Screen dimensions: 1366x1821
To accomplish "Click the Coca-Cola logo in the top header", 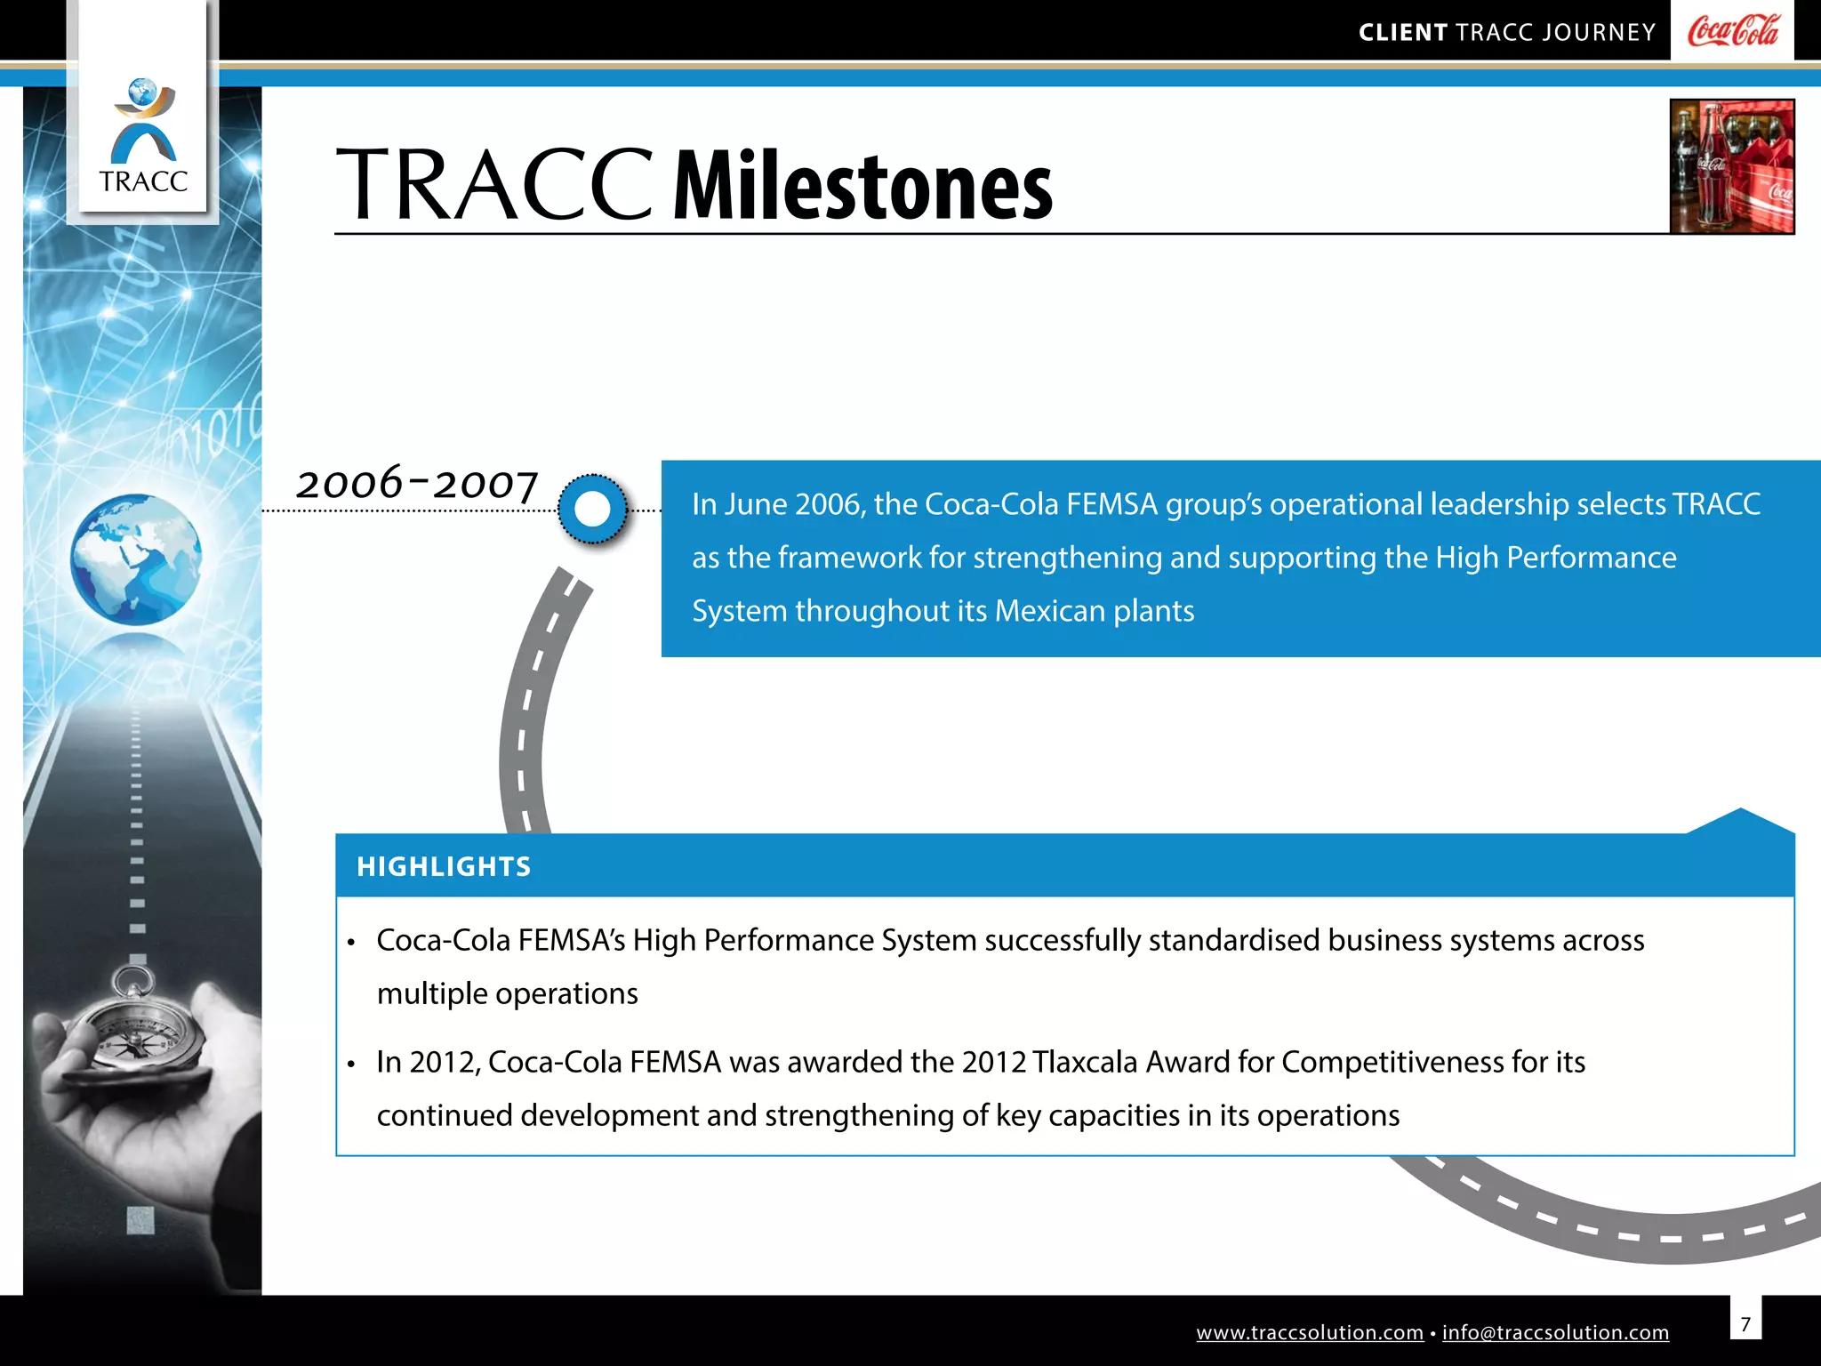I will (x=1732, y=31).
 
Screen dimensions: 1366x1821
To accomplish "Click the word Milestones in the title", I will (x=862, y=187).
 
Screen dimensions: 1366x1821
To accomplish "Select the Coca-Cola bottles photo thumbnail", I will (x=1731, y=166).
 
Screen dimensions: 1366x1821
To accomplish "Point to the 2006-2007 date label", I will (x=417, y=484).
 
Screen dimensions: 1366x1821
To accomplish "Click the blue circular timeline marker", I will (x=593, y=510).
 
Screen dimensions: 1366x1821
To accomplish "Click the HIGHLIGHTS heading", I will (x=444, y=866).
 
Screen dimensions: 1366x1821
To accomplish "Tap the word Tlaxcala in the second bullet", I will (x=1085, y=1062).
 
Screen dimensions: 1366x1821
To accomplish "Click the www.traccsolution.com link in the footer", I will (x=1309, y=1332).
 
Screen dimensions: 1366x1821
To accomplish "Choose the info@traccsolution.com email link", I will (x=1555, y=1332).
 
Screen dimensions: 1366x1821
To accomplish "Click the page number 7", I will (x=1745, y=1324).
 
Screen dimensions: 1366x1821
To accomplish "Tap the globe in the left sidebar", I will (x=136, y=559).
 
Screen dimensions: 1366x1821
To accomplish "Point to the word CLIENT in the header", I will (x=1402, y=33).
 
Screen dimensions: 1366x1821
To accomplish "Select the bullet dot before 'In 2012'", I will (x=352, y=1064).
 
